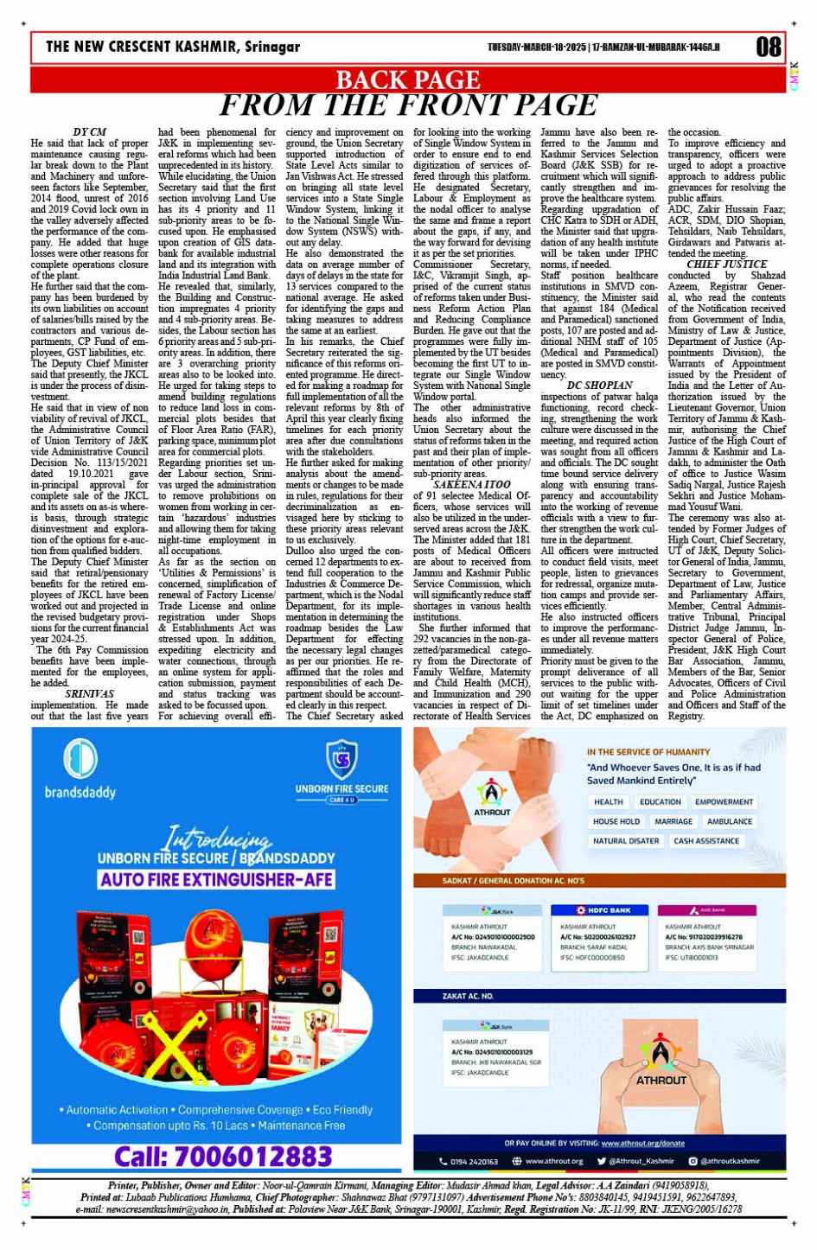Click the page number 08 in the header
(768, 47)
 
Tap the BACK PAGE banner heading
(408, 80)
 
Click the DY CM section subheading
(89, 132)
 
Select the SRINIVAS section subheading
(89, 693)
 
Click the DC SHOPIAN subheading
(599, 386)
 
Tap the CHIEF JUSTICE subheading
(726, 265)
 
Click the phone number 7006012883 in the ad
(223, 1157)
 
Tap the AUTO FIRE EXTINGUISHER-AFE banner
(216, 880)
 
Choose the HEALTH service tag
(608, 802)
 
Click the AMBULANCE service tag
(729, 821)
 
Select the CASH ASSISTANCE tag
(706, 840)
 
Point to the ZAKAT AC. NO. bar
(468, 996)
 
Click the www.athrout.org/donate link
(642, 1143)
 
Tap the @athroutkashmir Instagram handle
(730, 1161)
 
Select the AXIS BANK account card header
(707, 910)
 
